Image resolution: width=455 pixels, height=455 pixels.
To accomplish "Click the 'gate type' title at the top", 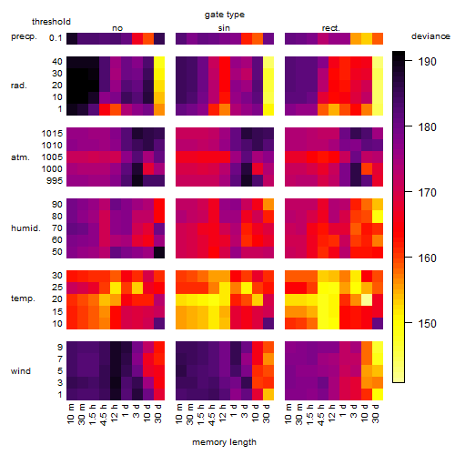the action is (225, 15).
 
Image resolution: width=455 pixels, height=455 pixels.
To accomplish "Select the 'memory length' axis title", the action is (224, 442).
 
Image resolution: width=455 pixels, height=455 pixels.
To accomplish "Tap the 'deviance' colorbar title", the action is (430, 36).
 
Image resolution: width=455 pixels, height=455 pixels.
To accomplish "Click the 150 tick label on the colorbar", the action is (427, 324).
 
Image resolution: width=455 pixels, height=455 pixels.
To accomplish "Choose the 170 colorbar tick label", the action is (427, 193).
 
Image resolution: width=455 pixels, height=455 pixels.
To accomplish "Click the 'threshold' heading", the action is (51, 22).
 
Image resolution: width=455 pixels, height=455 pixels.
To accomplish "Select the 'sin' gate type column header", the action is (224, 28).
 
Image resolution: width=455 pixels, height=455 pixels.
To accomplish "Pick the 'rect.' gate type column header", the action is (331, 28).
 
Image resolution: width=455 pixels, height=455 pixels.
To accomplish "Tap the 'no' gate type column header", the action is (117, 28).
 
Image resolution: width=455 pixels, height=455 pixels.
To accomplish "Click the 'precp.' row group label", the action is (24, 36).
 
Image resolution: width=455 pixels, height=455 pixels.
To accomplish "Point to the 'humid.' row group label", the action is (25, 228).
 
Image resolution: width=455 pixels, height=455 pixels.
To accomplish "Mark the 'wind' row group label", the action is (21, 371).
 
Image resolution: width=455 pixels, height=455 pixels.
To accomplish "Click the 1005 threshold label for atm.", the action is (52, 157).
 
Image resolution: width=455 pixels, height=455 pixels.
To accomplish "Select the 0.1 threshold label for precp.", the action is (56, 38).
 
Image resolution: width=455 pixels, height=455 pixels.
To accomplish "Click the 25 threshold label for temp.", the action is (57, 288).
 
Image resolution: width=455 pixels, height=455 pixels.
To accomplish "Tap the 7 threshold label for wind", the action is (60, 359).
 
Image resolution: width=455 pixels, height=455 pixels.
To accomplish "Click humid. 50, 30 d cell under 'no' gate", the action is (159, 252).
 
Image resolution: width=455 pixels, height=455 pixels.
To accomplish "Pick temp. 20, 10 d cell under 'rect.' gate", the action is (367, 299).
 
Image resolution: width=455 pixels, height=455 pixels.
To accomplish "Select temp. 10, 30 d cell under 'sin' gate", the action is (268, 323).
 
